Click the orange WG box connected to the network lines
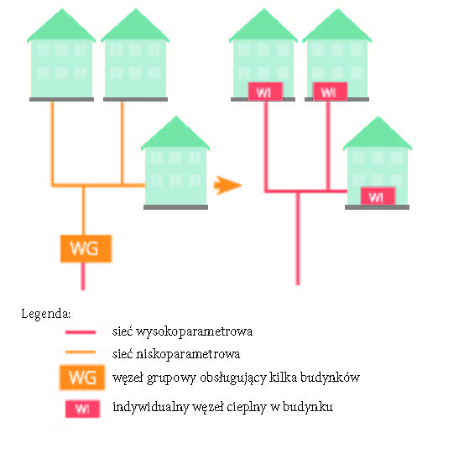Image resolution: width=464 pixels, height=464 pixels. coord(86,248)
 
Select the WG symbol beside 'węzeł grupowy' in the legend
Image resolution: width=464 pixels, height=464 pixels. coord(82,378)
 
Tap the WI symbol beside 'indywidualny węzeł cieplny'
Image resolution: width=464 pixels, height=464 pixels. coord(82,409)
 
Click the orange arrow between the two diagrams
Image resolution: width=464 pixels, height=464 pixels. coord(227,185)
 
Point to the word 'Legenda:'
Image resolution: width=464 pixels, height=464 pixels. coord(46,314)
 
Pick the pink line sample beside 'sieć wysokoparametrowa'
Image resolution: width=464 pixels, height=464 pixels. coord(81,332)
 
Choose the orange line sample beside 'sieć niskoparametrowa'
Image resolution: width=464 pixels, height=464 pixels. coord(81,352)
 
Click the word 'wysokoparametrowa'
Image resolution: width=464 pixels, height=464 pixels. coord(195,332)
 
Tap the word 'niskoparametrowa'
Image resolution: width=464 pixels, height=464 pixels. coord(188,354)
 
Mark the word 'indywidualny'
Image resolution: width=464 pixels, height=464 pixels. coord(151,407)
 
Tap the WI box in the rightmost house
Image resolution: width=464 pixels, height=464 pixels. coord(378,196)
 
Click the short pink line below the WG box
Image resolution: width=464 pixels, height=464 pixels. coord(83,276)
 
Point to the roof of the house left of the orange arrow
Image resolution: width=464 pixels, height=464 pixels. coord(175,133)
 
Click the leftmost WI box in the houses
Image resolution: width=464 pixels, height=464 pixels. coord(265,91)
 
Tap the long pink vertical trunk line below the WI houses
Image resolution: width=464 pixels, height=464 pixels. coord(298,238)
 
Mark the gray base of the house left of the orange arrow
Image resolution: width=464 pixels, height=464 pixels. coord(175,207)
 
